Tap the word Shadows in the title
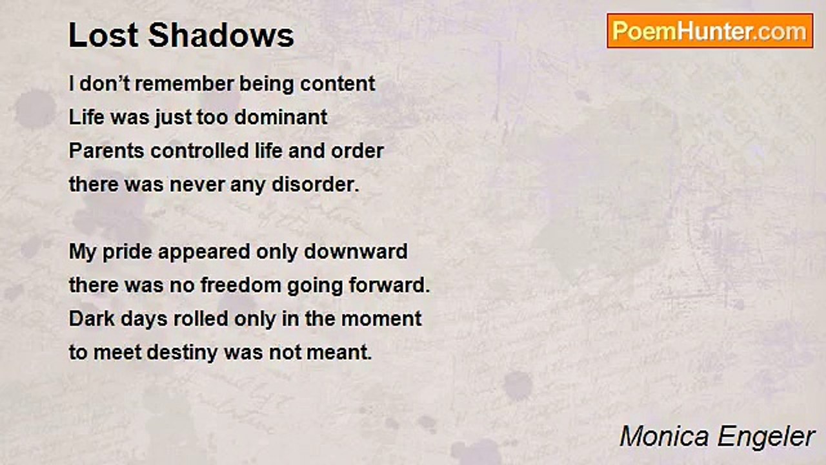click(221, 36)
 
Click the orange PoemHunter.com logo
click(710, 31)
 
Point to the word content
click(337, 84)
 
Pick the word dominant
click(281, 118)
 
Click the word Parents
click(106, 151)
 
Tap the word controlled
click(199, 151)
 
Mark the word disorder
click(316, 185)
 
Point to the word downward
click(356, 252)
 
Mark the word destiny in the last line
click(182, 353)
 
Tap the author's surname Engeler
click(766, 437)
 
